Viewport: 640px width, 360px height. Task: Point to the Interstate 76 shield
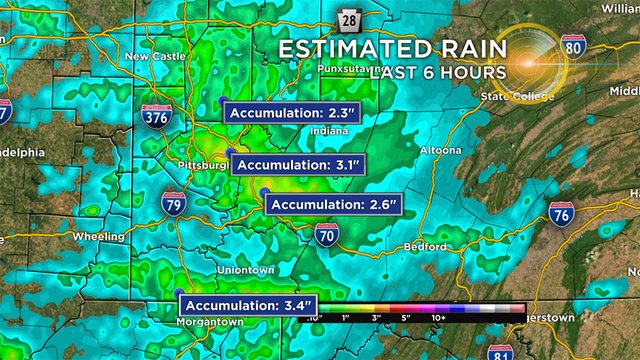[x=561, y=213]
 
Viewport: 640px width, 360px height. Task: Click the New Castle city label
[x=155, y=57]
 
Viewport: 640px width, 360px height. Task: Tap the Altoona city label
[x=440, y=150]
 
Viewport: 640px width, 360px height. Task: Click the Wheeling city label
[x=99, y=236]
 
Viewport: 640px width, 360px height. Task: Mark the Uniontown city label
[x=246, y=270]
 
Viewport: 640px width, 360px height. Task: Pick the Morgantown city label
[x=209, y=322]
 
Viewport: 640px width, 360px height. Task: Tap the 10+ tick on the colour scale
[x=438, y=316]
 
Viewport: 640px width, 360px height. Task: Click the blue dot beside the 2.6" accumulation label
[x=264, y=192]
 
